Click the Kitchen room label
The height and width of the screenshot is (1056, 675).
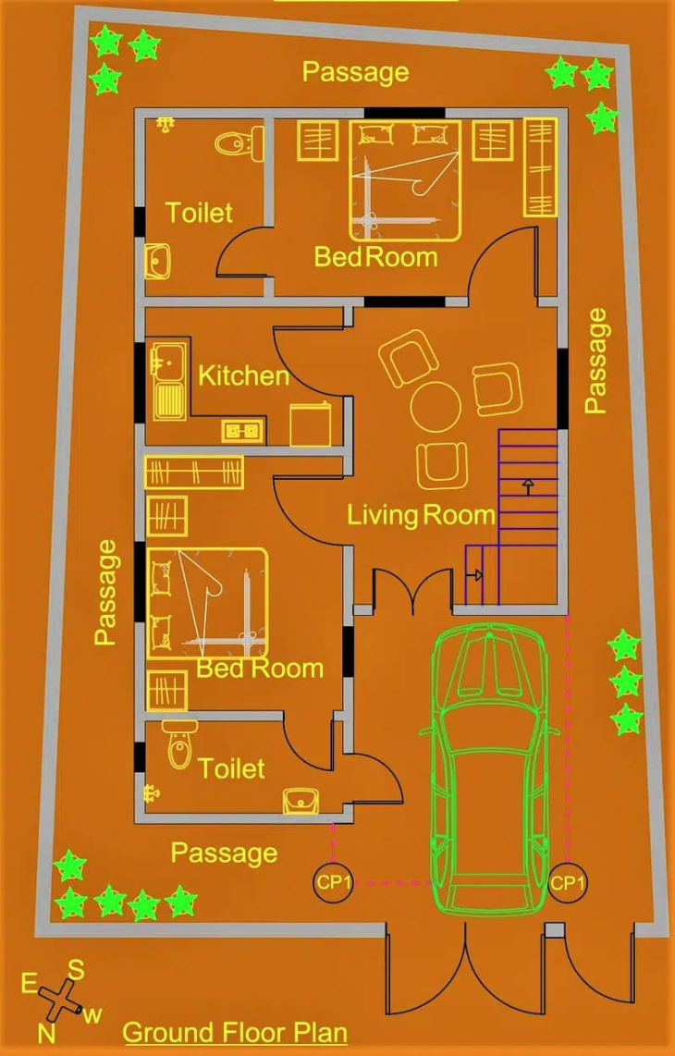tap(243, 375)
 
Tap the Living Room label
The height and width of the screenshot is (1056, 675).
tap(421, 516)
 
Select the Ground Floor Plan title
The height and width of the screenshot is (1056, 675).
tap(235, 1033)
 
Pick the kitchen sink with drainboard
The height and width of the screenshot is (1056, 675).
tap(167, 380)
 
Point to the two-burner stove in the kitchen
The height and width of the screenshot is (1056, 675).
tap(243, 431)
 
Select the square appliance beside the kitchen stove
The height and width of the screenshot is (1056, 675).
tap(311, 424)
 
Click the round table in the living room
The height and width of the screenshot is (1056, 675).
tap(436, 407)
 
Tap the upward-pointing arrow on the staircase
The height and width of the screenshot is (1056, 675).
tap(527, 485)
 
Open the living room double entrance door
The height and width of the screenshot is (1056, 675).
tap(412, 586)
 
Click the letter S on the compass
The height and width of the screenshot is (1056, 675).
tap(76, 971)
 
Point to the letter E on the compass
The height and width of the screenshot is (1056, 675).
tap(29, 984)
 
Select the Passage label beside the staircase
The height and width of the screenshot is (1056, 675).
tap(595, 361)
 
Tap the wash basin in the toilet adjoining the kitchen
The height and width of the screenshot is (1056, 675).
tap(157, 262)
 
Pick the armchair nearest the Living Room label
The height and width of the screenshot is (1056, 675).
tap(442, 465)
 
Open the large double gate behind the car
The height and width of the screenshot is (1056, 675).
tap(465, 970)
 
